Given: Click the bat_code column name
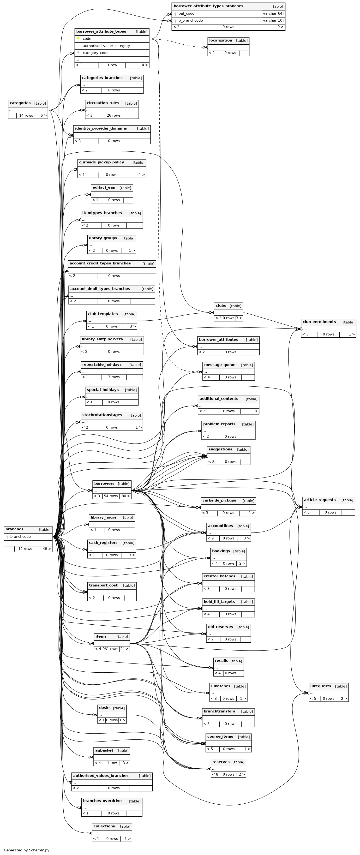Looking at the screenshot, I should (186, 14).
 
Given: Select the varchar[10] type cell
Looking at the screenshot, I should (273, 21).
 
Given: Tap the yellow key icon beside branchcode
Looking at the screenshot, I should (7, 537).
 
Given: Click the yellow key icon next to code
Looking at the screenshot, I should (78, 39).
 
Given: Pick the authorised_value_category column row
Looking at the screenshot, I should (106, 46).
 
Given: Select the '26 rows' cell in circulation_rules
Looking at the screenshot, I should (114, 115).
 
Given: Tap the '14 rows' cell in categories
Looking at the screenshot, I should (26, 115).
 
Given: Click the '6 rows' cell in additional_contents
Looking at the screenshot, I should (228, 411).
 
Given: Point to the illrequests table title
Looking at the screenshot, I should (320, 686).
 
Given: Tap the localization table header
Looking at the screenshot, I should (221, 41).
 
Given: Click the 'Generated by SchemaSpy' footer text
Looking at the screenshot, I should (27, 850).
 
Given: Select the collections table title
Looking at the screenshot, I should (104, 826).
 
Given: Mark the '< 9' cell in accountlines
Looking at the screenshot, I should (211, 538).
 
